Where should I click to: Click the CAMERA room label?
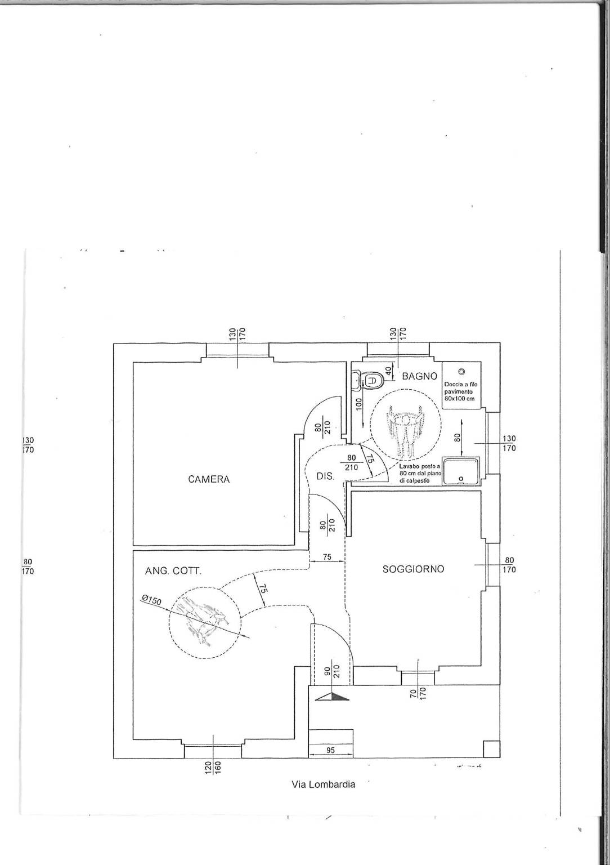click(209, 479)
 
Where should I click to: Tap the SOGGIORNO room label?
click(414, 569)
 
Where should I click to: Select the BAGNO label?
click(419, 376)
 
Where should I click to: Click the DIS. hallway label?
click(325, 476)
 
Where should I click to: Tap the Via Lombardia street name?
click(324, 784)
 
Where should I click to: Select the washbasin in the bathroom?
click(461, 471)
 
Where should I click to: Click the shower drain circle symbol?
click(461, 371)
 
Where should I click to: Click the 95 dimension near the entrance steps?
click(330, 750)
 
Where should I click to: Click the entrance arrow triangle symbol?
click(333, 697)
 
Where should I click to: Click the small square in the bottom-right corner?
click(491, 749)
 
